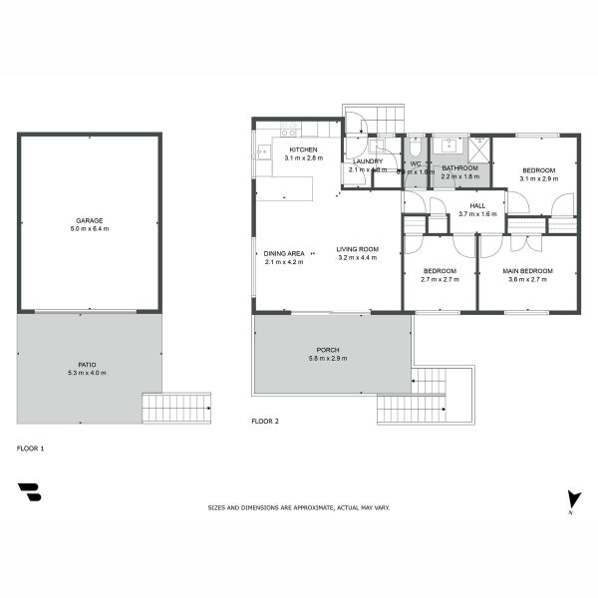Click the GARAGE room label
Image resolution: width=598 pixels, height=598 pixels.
(x=90, y=220)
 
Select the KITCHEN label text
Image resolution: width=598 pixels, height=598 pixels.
(x=303, y=149)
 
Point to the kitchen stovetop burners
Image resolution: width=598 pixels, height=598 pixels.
(x=288, y=130)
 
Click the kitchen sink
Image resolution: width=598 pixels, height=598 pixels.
(x=263, y=152)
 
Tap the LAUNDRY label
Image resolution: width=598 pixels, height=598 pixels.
(x=368, y=161)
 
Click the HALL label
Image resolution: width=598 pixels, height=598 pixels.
(x=477, y=205)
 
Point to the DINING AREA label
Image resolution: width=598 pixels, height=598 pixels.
(x=283, y=254)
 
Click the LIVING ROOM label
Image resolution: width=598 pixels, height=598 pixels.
(x=357, y=249)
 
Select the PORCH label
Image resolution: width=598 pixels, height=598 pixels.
(x=328, y=350)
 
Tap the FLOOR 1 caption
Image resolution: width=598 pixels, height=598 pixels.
(x=31, y=448)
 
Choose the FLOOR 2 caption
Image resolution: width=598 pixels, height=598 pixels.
(x=265, y=422)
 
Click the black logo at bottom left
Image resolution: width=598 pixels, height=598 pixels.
(x=29, y=492)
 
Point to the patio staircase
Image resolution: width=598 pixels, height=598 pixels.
(x=176, y=408)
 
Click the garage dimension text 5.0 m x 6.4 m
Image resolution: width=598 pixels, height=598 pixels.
(x=90, y=229)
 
